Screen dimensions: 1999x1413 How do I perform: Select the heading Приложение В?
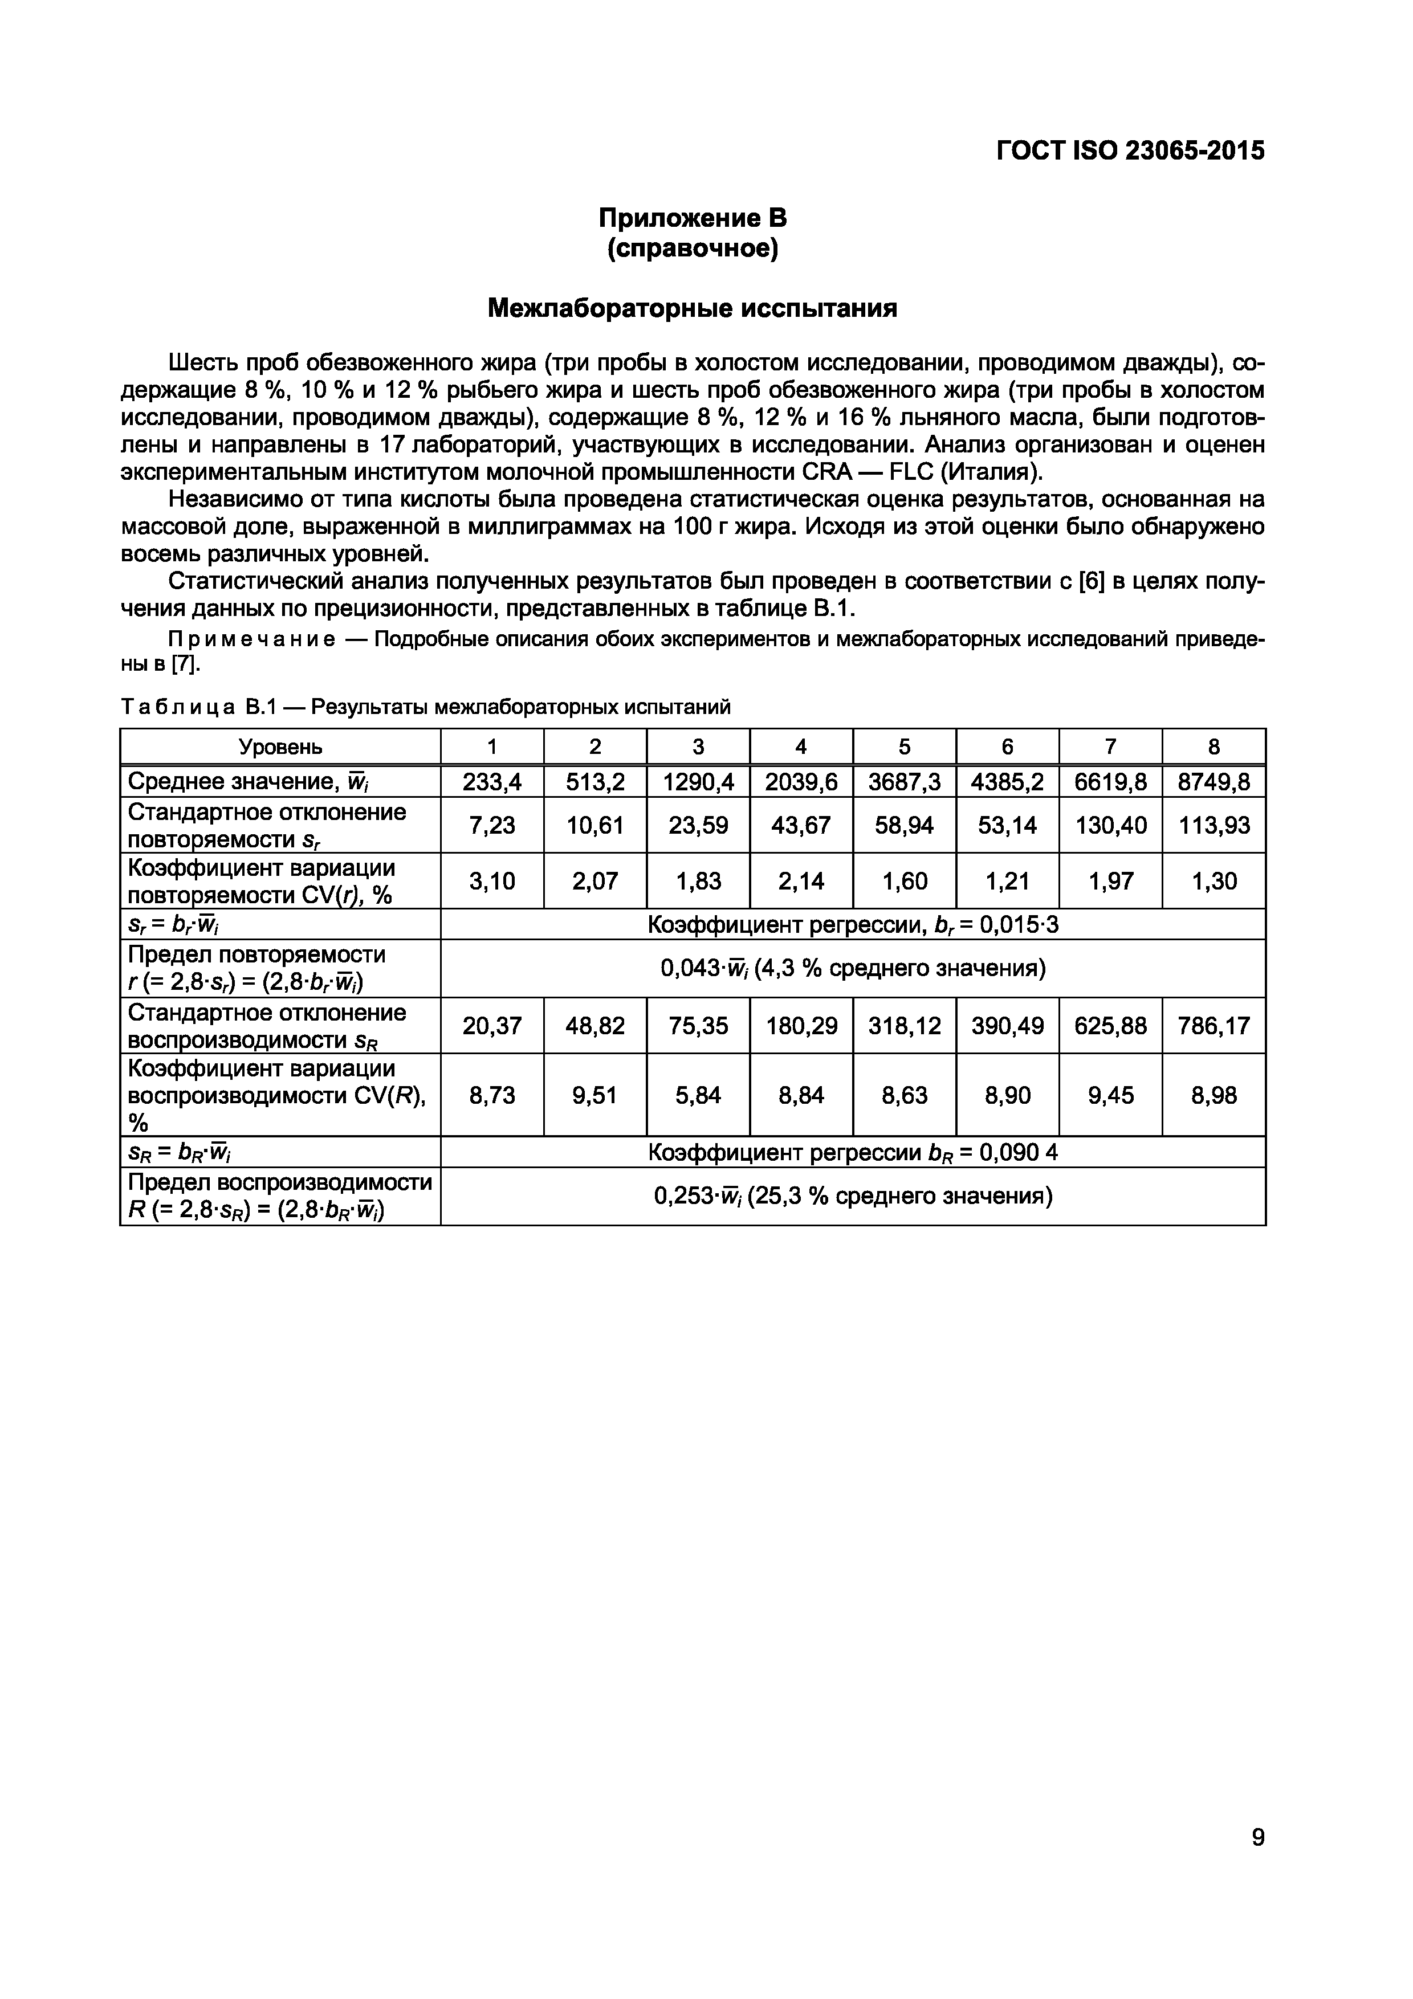coord(692,218)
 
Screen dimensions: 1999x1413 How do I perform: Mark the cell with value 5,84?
coord(698,1095)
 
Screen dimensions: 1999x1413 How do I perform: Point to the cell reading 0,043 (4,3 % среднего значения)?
coord(852,968)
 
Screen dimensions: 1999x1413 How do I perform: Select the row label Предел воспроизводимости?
coord(279,1182)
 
